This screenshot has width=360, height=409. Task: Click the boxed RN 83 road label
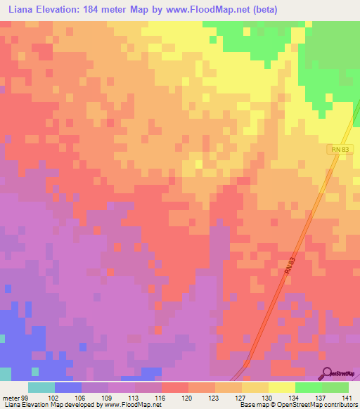(x=339, y=149)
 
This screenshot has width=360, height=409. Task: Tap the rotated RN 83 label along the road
(x=281, y=269)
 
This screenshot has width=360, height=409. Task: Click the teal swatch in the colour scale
(x=41, y=387)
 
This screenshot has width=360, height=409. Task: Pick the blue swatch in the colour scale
(x=67, y=387)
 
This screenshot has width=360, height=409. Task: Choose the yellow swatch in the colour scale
(x=281, y=387)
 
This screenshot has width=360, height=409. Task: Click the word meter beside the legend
(x=12, y=398)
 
